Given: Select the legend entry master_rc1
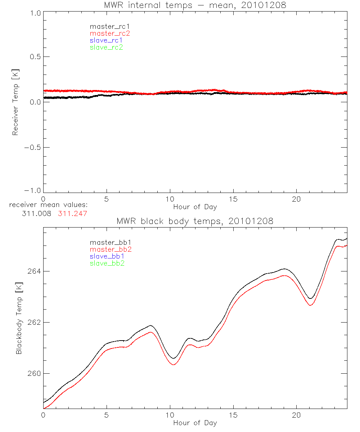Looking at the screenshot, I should tap(106, 26).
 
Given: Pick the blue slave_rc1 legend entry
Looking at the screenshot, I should tap(106, 40).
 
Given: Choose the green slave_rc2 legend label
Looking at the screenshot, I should tap(106, 48).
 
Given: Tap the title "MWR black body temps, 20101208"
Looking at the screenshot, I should tap(195, 221).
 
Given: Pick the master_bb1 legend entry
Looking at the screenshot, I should tap(107, 242).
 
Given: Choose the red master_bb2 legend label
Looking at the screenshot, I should tap(107, 249).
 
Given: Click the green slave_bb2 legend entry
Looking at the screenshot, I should tap(107, 264).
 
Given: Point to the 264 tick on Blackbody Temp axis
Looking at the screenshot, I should tap(35, 271).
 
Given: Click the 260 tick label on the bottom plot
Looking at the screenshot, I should tap(35, 373).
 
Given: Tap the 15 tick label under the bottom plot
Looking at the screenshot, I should tap(233, 415).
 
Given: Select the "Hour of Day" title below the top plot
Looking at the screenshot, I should tap(195, 207).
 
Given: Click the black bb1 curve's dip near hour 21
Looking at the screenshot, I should tap(310, 298).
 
